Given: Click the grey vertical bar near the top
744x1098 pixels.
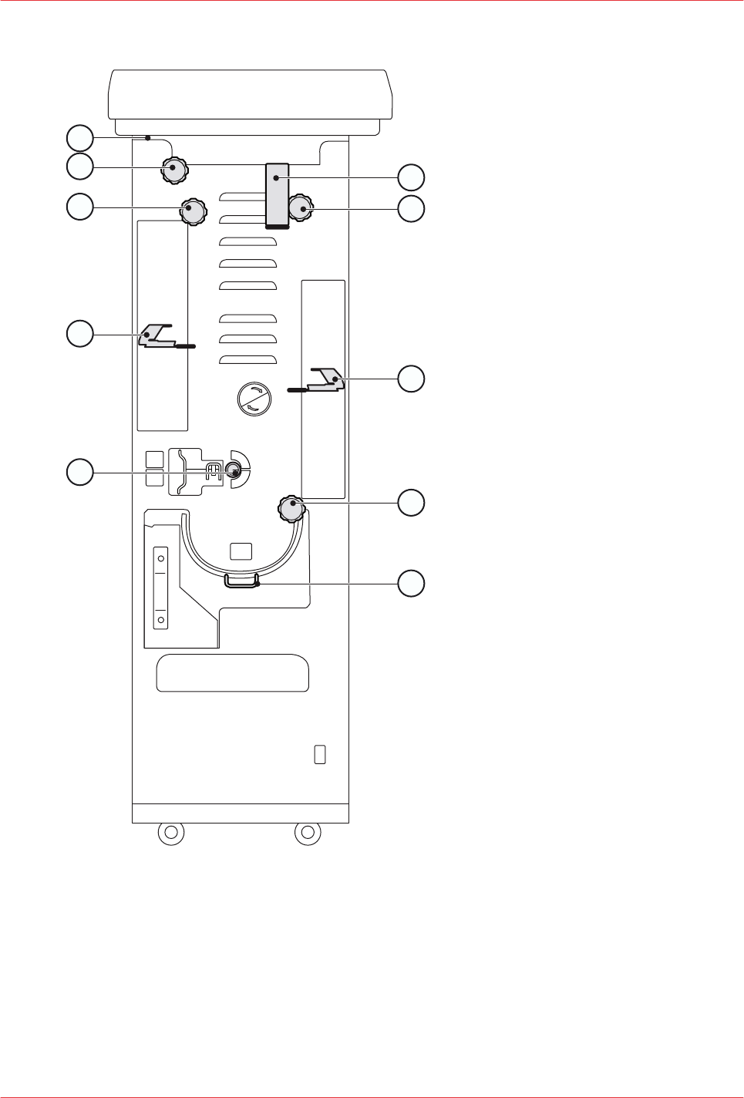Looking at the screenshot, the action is [278, 195].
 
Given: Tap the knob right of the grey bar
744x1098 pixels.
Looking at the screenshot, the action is [301, 209].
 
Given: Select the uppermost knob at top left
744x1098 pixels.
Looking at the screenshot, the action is [174, 169].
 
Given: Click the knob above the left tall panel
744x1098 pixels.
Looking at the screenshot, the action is [194, 211].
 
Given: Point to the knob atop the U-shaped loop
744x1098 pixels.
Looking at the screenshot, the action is [291, 509].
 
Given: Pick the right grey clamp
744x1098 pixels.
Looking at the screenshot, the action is [326, 379].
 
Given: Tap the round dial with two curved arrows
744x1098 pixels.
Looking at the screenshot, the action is [254, 399].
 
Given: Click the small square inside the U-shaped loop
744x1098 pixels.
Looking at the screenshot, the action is [241, 551].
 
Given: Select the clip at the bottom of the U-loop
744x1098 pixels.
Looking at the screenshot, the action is [241, 581].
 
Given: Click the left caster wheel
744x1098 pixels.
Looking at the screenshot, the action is [171, 833].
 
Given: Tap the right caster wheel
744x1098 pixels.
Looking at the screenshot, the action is [308, 833].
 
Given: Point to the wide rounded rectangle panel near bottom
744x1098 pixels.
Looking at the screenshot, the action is [233, 673].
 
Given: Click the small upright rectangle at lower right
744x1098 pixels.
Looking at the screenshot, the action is [320, 754].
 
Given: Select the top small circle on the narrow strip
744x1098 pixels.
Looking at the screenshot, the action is [161, 558].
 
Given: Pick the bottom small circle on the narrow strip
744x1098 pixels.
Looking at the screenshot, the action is [161, 619].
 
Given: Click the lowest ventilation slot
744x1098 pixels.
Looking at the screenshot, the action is [248, 359].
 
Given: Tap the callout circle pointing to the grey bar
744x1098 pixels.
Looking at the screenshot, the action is [411, 177].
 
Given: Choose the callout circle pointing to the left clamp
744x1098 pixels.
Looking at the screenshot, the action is [80, 334].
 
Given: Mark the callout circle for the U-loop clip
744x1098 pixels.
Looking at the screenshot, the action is [411, 584].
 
